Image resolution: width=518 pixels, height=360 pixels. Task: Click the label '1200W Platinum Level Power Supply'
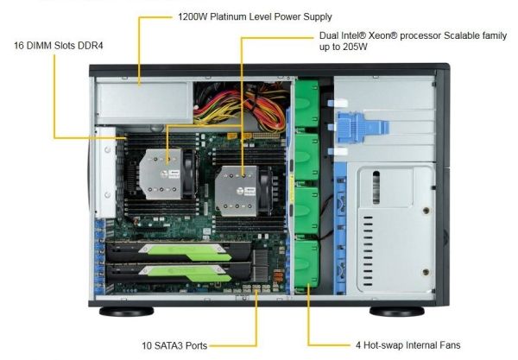coord(255,16)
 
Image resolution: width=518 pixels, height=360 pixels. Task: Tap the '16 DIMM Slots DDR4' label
coord(59,45)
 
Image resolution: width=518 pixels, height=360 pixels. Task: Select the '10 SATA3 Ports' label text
coord(174,345)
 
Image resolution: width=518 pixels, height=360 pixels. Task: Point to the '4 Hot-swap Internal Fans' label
coord(407,345)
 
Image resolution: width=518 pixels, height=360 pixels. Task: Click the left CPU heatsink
coord(161,174)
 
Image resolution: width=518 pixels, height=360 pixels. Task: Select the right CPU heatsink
coord(237,191)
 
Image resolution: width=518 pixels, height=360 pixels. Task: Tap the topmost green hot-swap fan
coord(306,104)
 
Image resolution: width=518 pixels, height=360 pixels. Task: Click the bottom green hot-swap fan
coord(306,264)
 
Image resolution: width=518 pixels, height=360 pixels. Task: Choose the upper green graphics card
coord(179,252)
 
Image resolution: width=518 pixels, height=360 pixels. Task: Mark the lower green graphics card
coord(179,274)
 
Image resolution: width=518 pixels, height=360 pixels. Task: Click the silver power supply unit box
coord(145,103)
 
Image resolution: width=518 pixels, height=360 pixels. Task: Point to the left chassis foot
coord(127,312)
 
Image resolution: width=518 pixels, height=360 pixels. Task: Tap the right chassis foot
coord(397,312)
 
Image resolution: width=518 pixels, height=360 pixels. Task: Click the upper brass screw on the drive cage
coord(426,211)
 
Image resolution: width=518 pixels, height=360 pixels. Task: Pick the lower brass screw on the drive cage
coord(426,272)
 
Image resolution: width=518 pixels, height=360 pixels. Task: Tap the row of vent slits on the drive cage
coord(368,252)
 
